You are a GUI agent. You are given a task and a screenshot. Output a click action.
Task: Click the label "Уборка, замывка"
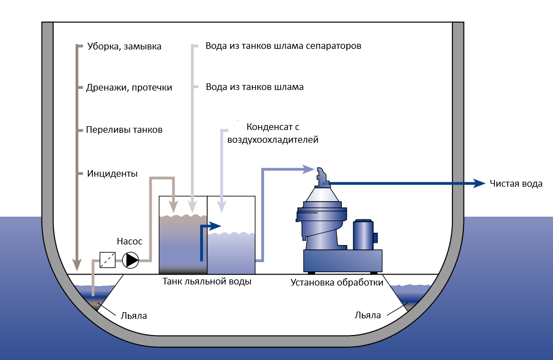pyautogui.click(x=124, y=46)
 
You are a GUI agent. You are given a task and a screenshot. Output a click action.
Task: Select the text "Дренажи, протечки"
pyautogui.click(x=129, y=87)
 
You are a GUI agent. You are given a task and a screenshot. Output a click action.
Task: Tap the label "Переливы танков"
pyautogui.click(x=124, y=129)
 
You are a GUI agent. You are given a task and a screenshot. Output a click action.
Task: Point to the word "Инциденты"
pyautogui.click(x=112, y=173)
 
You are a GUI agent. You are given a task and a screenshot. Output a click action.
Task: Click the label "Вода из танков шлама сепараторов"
pyautogui.click(x=283, y=46)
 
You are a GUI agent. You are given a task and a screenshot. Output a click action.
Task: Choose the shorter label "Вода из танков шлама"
pyautogui.click(x=255, y=87)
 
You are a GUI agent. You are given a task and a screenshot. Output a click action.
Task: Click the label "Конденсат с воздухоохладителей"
pyautogui.click(x=272, y=133)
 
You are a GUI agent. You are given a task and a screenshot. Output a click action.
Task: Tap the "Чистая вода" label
pyautogui.click(x=515, y=183)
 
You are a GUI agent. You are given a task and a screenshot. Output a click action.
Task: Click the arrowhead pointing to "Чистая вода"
pyautogui.click(x=480, y=183)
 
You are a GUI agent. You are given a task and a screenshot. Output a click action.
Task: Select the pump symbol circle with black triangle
pyautogui.click(x=131, y=260)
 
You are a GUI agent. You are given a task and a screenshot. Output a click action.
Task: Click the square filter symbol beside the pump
pyautogui.click(x=107, y=260)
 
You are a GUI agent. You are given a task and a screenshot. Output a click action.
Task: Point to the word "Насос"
pyautogui.click(x=129, y=241)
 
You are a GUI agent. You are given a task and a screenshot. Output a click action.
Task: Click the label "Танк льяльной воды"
pyautogui.click(x=207, y=282)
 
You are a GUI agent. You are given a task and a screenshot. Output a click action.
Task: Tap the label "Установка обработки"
pyautogui.click(x=337, y=282)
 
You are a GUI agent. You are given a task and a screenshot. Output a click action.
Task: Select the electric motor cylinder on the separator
pyautogui.click(x=363, y=234)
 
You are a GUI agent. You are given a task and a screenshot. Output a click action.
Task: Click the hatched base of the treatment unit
pyautogui.click(x=342, y=259)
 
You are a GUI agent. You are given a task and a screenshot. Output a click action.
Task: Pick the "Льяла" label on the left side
pyautogui.click(x=134, y=315)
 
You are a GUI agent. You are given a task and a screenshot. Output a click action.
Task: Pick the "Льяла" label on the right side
pyautogui.click(x=367, y=315)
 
